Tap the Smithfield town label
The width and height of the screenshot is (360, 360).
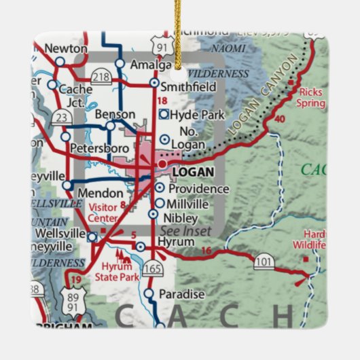tap(193, 87)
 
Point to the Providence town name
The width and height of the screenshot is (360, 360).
tap(198, 188)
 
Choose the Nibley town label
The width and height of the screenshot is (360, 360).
tap(181, 218)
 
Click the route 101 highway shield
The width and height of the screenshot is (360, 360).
tap(265, 263)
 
